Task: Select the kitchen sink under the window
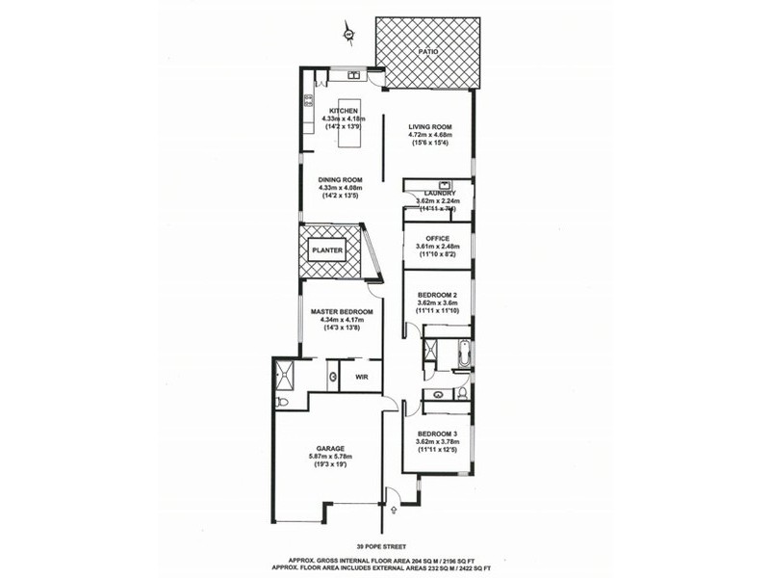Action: click(353, 73)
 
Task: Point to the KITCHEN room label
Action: click(344, 111)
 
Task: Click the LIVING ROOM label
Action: click(429, 127)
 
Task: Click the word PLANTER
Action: click(326, 250)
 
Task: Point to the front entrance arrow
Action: click(392, 496)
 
